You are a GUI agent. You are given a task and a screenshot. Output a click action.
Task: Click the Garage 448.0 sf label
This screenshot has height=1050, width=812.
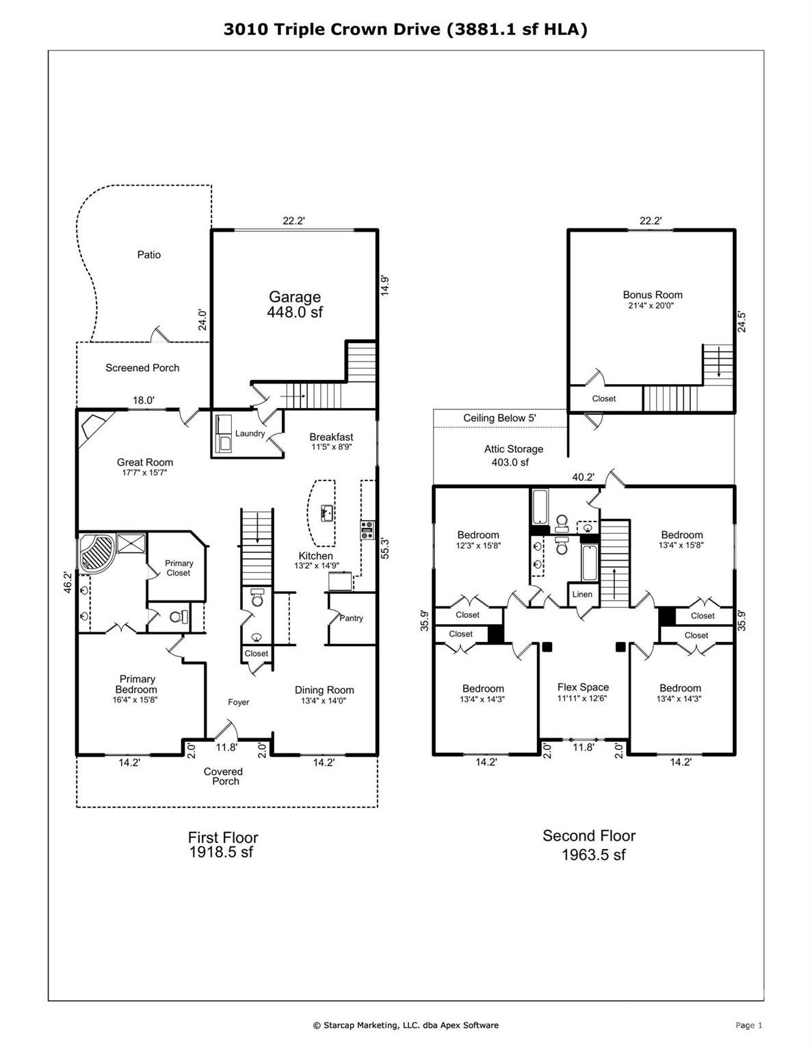coord(294,304)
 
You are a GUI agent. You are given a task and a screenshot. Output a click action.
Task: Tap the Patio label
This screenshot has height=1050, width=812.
coord(148,255)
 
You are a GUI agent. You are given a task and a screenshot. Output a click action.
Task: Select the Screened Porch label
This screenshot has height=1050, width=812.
coord(142,368)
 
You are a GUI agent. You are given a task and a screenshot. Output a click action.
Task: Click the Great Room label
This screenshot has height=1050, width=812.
coord(144,463)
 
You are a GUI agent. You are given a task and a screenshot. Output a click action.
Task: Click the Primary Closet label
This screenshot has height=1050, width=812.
coord(179,568)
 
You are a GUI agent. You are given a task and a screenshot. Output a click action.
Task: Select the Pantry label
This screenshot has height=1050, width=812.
coord(351,618)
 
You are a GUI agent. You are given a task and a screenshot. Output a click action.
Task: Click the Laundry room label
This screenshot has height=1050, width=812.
coord(250,433)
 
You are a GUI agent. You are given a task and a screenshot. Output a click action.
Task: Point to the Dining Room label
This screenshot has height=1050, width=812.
coord(324,690)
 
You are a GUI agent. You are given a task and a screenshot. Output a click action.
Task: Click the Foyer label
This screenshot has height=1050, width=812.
coord(238,702)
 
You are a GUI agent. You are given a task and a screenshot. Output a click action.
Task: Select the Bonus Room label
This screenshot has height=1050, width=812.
coord(652,295)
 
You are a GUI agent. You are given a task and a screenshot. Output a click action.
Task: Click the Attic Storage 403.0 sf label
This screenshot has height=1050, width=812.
coord(513,455)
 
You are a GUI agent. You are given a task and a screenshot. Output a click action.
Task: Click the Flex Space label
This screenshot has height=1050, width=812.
coord(583,688)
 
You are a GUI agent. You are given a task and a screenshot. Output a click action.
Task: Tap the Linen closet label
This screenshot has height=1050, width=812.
coord(582,594)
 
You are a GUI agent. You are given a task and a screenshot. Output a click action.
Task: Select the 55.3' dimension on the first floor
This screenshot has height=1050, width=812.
coord(384,549)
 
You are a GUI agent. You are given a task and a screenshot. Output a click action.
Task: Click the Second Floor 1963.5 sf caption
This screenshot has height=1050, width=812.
coord(590,845)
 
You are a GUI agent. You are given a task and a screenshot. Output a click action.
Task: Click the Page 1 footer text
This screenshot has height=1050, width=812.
coord(748,1025)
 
